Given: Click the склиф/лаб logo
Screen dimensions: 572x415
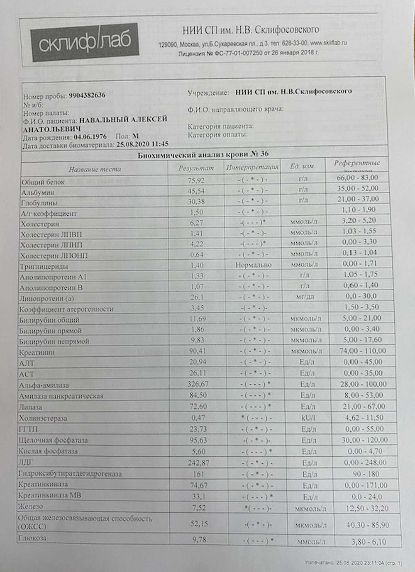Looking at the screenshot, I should point(85,42).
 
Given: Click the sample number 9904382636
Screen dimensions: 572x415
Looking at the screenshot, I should point(87,95).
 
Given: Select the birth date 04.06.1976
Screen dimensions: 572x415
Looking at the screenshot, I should point(90,136).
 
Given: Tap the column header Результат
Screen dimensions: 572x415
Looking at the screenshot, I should point(196,168).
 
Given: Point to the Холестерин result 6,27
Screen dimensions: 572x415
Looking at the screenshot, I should point(197,223).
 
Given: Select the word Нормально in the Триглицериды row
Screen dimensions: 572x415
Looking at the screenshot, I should point(253,265).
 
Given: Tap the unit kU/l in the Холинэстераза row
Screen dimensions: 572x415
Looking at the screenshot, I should point(308,418).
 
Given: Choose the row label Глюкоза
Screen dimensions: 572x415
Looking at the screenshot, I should point(32,538).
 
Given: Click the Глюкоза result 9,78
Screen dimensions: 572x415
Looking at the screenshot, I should point(199,540).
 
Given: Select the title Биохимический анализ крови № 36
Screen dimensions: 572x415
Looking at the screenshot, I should point(203,154).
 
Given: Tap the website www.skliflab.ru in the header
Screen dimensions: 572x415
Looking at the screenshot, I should point(328,43).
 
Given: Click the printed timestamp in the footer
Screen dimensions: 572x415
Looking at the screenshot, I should point(353,563).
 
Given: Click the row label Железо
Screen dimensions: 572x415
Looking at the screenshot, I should point(30,506).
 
